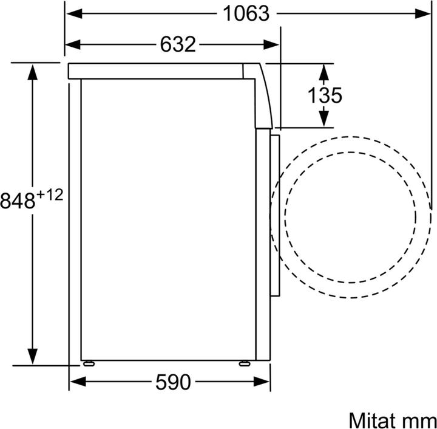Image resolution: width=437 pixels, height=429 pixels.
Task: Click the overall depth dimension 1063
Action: click(x=245, y=13)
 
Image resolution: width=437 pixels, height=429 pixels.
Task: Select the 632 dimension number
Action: click(x=178, y=44)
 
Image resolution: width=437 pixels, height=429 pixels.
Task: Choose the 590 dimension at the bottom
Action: click(x=172, y=382)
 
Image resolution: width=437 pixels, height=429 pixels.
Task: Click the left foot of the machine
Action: click(x=90, y=363)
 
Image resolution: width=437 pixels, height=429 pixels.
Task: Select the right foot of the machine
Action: click(x=244, y=363)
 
